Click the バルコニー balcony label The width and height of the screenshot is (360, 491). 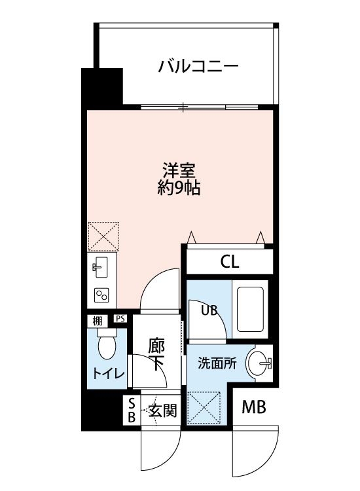pos(197,67)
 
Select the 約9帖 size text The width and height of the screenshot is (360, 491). pos(178,189)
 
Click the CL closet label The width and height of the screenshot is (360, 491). pos(229,263)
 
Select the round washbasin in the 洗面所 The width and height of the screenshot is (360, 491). pos(259,363)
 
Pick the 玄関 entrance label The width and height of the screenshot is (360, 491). pos(162,411)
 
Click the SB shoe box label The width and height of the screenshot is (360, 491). pos(131,410)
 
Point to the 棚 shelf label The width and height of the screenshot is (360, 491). pos(97,320)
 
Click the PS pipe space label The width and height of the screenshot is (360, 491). pos(120,319)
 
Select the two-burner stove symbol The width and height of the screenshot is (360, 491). pos(101,295)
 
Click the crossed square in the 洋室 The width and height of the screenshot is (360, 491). pos(104,235)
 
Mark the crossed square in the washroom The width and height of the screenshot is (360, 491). pos(204,407)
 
